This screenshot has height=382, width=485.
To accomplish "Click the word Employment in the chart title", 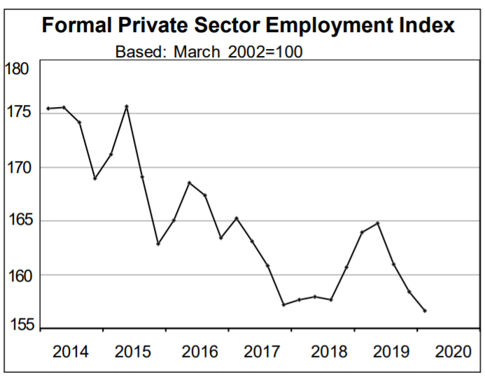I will coord(325,26).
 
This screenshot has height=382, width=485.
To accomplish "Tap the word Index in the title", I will coord(424,26).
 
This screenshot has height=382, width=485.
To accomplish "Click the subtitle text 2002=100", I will coord(265,52).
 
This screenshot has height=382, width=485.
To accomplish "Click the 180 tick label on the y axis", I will coord(17,69).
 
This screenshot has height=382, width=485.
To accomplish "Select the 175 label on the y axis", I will coord(17,113).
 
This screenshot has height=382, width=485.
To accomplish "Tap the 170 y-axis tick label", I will coord(17,168).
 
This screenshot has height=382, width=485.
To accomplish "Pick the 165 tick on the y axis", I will coord(17,221).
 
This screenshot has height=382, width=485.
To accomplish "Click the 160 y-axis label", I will coord(17,275).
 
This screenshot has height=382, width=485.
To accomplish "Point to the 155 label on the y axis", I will coord(17,325).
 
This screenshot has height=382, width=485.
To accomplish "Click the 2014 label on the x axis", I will coord(71,351).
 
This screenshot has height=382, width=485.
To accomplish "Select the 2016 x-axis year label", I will coord(199,351).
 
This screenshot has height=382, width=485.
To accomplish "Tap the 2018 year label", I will coord(329,351).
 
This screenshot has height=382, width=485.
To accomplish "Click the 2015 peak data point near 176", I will coord(126,106).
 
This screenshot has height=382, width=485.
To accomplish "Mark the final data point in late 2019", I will coord(425,311).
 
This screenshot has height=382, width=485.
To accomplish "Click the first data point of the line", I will coord(48,108).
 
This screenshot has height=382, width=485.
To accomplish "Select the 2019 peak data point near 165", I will coord(378,223).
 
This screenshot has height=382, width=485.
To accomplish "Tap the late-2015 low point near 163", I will coord(157,243).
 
